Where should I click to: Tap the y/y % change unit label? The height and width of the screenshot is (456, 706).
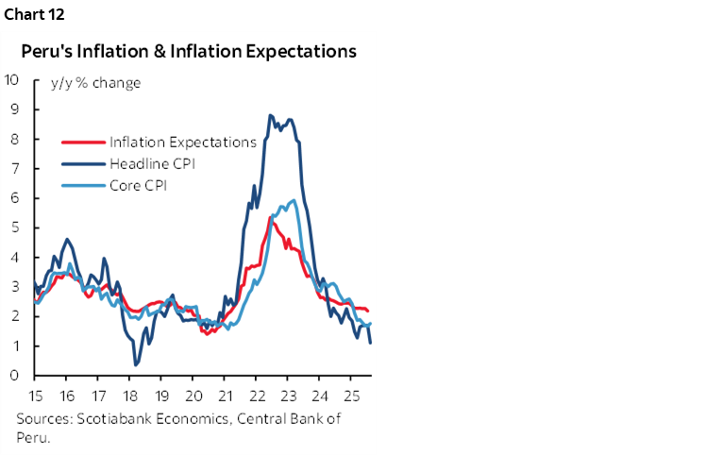click(x=96, y=83)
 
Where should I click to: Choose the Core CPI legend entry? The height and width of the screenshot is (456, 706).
click(x=143, y=185)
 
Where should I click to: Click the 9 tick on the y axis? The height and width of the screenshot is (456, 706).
click(x=15, y=109)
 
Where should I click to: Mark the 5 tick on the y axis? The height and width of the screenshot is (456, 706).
click(x=15, y=228)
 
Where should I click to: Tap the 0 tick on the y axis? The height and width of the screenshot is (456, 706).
click(x=15, y=376)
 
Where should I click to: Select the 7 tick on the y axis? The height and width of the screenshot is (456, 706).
click(x=15, y=168)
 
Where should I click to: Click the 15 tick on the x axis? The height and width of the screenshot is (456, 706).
click(x=35, y=395)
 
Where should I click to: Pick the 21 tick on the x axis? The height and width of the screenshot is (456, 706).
click(x=225, y=395)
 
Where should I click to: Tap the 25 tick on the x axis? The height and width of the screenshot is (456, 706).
click(x=350, y=395)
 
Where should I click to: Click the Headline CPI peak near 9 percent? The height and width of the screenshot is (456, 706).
click(x=270, y=115)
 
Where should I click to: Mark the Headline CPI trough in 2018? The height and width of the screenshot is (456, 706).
click(x=136, y=364)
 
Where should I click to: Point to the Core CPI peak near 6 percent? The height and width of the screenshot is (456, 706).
click(x=294, y=200)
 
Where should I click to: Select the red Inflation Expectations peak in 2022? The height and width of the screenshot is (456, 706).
click(x=272, y=218)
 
